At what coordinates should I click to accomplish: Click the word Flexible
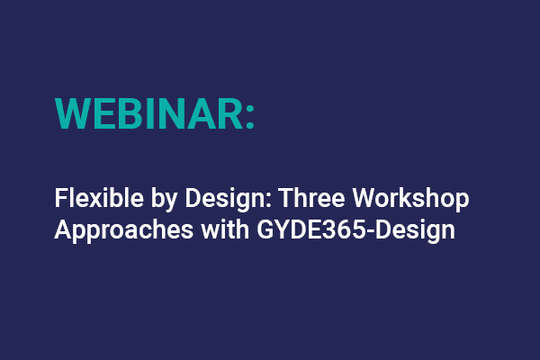(x=90, y=198)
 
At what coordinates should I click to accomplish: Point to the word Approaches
(x=112, y=229)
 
